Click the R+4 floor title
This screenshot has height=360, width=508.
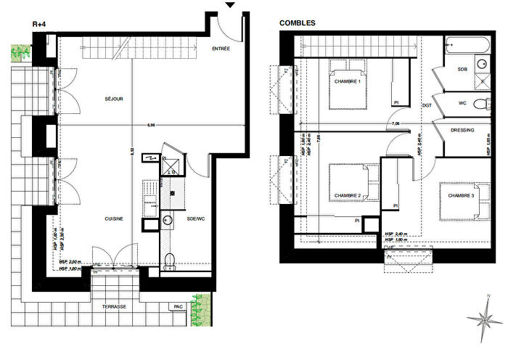40,23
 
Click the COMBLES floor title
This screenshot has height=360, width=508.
298,23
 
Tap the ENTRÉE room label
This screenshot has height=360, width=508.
221,49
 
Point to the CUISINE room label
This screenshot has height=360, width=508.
112,218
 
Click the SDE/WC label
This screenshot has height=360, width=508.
195,218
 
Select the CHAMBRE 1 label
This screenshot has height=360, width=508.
348,81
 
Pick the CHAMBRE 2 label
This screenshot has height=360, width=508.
348,196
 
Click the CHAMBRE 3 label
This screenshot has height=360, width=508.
461,196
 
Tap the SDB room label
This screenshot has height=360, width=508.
462,69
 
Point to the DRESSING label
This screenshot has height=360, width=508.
462,131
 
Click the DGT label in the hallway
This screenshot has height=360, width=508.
427,105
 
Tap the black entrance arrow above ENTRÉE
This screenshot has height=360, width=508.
229,6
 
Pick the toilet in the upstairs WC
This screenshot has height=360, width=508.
483,105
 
